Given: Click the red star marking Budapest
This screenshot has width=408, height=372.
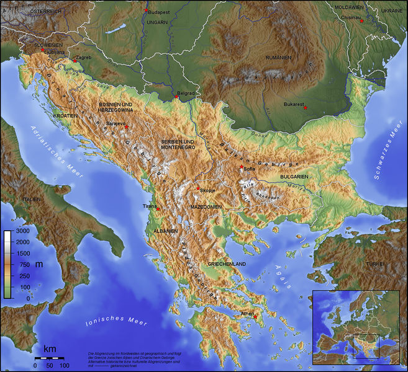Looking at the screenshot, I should coord(147,11).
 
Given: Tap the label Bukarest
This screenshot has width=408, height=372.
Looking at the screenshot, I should coord(294,104).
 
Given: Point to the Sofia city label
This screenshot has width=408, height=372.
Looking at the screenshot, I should coord(250,169).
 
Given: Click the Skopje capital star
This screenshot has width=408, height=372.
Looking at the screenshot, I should coord(198,188).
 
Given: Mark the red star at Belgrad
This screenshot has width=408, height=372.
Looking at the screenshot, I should coord(176,96).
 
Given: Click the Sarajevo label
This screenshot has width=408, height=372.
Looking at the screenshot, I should coord(116,124).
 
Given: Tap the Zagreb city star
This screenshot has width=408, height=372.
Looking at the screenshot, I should coord(74,61).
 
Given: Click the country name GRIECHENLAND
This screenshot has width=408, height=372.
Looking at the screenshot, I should coord(227,264).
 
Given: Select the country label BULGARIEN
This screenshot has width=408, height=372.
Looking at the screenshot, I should coord(294,177).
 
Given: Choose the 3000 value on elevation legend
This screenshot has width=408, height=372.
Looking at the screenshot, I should coord(22,231).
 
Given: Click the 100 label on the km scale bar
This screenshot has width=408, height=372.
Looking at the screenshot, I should coord(64,365).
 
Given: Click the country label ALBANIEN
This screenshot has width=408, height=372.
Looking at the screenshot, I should coord(165,231).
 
